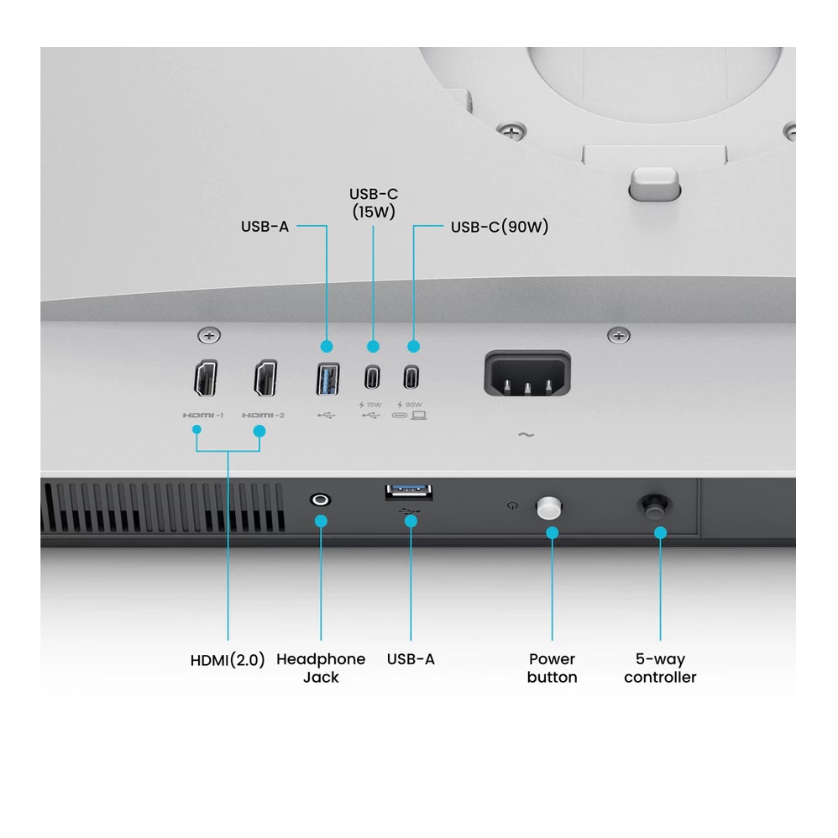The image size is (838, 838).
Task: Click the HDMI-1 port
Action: pos(206,379)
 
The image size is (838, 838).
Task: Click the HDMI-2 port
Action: pos(265,379)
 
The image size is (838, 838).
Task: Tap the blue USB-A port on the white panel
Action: pos(327,379)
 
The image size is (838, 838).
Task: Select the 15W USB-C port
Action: pos(373,377)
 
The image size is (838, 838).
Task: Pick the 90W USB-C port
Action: pos(411,377)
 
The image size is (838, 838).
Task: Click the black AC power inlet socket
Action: pos(527,374)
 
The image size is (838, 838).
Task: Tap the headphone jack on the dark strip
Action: pos(320,500)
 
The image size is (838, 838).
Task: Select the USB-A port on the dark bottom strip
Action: pos(409,492)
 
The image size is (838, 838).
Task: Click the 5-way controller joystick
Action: pos(654,506)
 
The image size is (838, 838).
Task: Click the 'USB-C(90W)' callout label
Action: pos(500,227)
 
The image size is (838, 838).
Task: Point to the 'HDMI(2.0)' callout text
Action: pos(228,660)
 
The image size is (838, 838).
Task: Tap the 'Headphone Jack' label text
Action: pos(321,668)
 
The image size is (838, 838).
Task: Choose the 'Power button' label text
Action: pos(552,668)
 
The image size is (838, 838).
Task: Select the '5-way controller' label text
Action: pos(660,668)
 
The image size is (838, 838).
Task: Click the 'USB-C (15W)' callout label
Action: pos(374,203)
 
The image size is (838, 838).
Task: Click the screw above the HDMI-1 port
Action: pos(209,336)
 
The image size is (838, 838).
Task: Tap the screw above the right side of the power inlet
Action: pos(619,336)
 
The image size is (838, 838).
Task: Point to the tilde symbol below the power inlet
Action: pos(526,435)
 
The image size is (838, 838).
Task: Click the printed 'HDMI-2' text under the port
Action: pos(264,416)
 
